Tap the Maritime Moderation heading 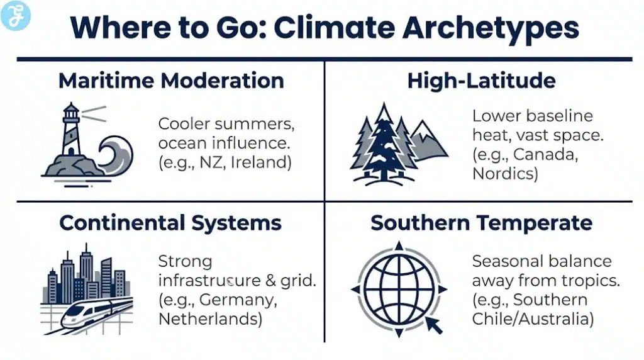click(x=171, y=81)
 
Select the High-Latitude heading click(x=482, y=81)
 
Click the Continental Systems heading click(x=170, y=223)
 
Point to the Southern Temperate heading click(x=481, y=223)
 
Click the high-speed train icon click(x=94, y=315)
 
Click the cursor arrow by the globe click(x=433, y=325)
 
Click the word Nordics click(x=504, y=174)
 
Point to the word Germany click(x=242, y=300)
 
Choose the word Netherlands click(x=209, y=318)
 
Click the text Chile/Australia click(x=533, y=318)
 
